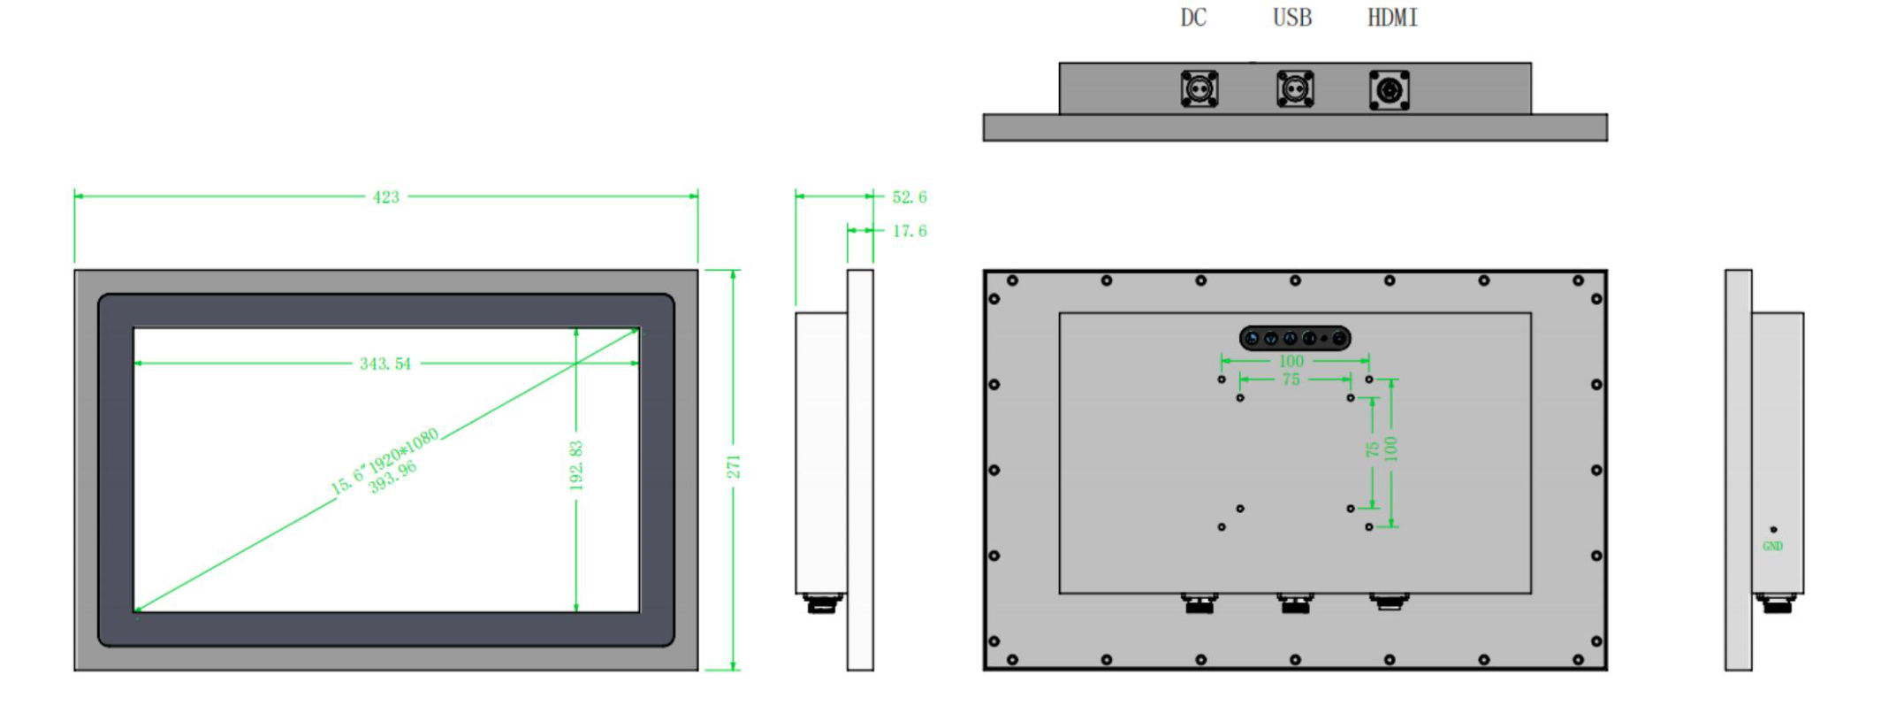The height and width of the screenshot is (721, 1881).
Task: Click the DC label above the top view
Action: [x=1193, y=18]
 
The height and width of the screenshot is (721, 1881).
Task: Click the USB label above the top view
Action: [x=1292, y=18]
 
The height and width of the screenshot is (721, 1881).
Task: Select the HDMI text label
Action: [x=1392, y=18]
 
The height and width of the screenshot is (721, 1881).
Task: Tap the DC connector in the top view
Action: [x=1199, y=89]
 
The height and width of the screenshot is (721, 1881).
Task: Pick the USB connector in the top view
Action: [x=1295, y=89]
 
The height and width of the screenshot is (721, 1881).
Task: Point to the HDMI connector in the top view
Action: [x=1390, y=90]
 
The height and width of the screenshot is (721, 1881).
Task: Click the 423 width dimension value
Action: [x=386, y=196]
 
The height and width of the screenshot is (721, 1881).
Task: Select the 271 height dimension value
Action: [x=734, y=467]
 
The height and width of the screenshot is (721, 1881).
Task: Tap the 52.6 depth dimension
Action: [x=910, y=196]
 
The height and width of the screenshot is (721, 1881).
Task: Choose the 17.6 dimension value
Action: [x=910, y=231]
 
